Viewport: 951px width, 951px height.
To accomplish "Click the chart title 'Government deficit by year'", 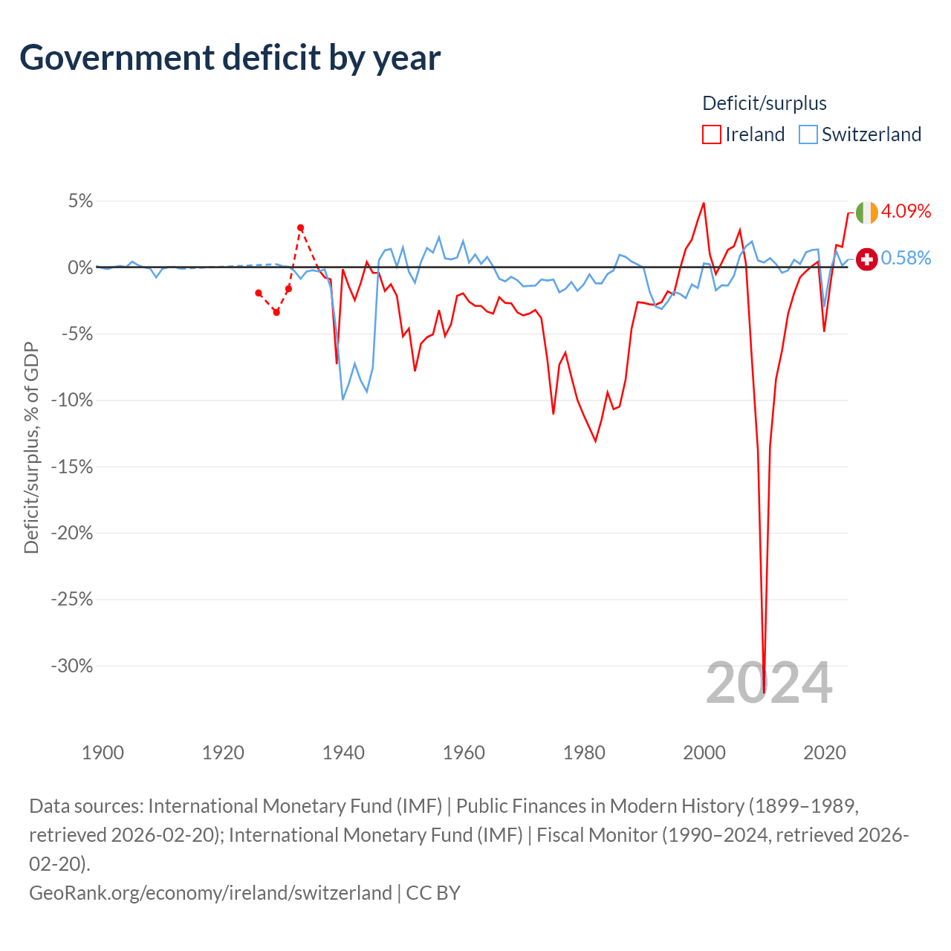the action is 230,58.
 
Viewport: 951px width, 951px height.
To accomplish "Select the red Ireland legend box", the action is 711,134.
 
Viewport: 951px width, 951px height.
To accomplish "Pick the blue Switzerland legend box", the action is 808,134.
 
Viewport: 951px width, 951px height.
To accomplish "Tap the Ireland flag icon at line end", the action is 866,212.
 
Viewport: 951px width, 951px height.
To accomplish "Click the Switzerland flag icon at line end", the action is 866,259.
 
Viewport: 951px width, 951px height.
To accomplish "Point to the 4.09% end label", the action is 906,211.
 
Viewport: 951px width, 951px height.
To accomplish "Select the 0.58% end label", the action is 906,258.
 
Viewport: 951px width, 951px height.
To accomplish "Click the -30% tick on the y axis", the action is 72,666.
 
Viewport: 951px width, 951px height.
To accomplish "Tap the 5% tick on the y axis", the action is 80,201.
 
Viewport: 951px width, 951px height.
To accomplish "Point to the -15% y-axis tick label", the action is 72,467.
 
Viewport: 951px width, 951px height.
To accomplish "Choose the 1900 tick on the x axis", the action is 103,753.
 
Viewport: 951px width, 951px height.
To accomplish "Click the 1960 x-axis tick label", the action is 464,753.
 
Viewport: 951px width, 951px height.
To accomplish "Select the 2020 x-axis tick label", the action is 825,753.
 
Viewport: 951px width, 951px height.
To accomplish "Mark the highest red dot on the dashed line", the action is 301,227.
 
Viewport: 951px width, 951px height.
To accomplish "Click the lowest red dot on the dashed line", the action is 276,312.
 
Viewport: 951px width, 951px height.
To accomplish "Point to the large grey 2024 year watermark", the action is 770,683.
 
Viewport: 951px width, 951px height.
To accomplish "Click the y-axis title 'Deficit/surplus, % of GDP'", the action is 31,447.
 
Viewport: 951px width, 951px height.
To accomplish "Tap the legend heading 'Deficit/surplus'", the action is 765,103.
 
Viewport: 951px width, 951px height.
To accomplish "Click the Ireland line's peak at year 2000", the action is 704,203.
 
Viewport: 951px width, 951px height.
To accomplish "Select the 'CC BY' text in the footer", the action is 433,893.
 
